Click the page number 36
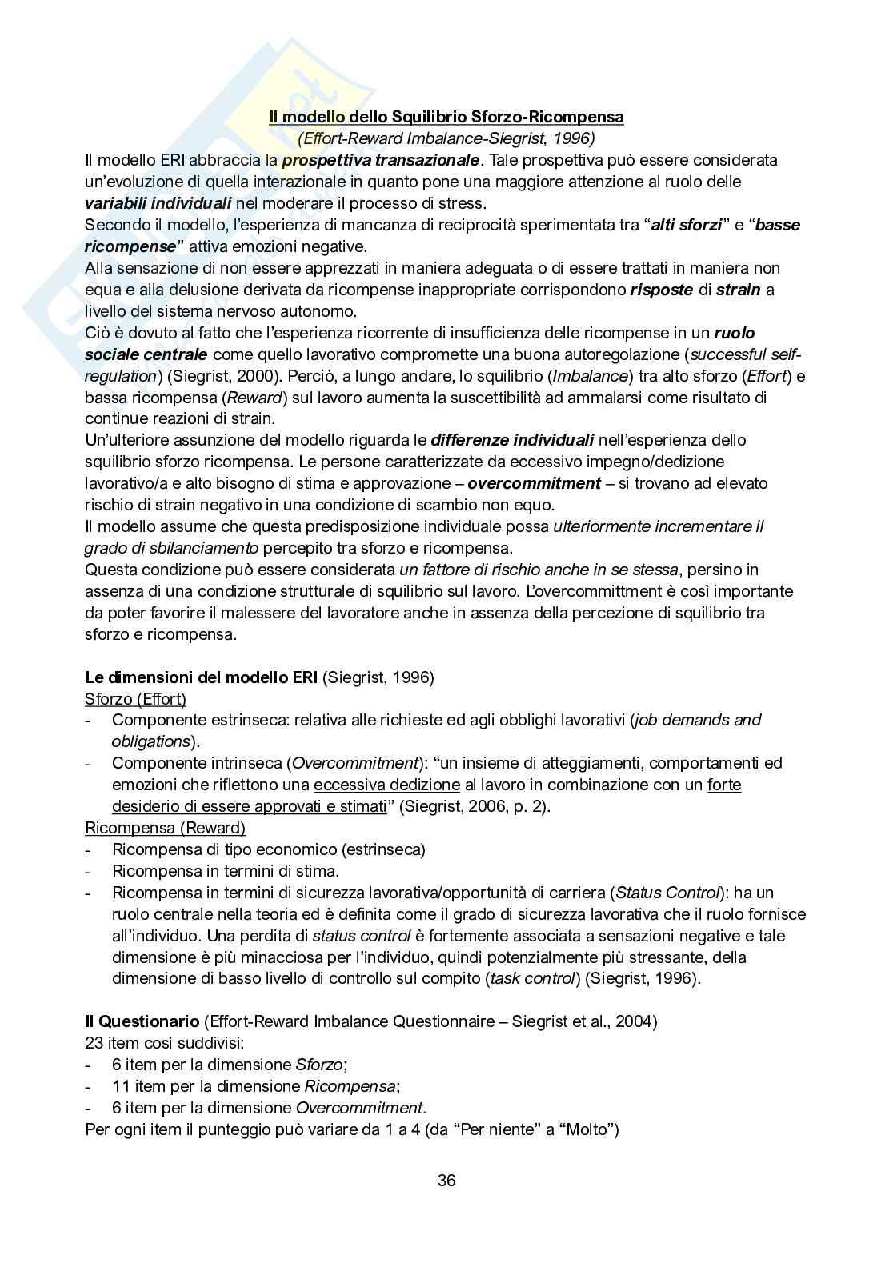pyautogui.click(x=446, y=1181)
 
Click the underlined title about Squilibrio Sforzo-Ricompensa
pyautogui.click(x=446, y=117)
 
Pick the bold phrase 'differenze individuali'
pyautogui.click(x=512, y=440)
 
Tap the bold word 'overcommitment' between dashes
pyautogui.click(x=534, y=483)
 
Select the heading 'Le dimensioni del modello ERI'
pyautogui.click(x=202, y=677)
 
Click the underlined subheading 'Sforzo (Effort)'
pyautogui.click(x=135, y=699)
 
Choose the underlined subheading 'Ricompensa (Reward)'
pyautogui.click(x=165, y=828)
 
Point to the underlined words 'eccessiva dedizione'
pyautogui.click(x=386, y=785)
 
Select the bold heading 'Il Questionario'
pyautogui.click(x=142, y=1021)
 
